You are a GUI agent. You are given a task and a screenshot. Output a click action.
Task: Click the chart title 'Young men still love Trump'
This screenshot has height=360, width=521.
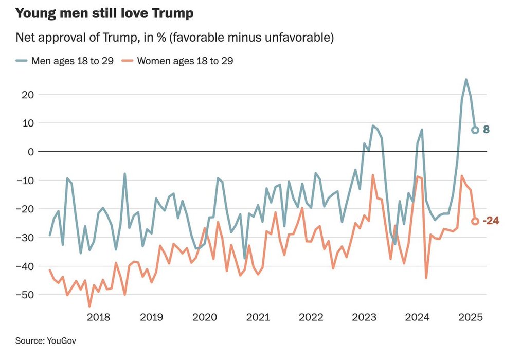pos(104,14)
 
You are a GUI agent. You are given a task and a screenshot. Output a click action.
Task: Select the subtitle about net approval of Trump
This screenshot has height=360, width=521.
pos(175,38)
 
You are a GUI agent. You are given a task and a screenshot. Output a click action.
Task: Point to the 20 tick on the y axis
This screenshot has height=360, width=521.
pos(28,95)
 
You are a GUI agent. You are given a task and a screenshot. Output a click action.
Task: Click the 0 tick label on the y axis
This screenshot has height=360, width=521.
pos(31,152)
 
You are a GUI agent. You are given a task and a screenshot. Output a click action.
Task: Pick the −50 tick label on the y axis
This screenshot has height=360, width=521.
pos(26,295)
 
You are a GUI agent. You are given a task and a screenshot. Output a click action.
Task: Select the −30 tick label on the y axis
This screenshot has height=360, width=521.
pos(26,238)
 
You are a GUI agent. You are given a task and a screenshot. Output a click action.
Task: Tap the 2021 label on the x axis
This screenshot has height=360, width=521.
pos(258,317)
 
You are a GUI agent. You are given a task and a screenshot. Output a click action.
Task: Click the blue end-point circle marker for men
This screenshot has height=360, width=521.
pos(475,130)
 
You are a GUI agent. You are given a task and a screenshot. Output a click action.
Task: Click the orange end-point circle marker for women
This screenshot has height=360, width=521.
pos(475,221)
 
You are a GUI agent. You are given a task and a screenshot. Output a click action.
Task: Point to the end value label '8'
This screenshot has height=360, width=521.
pos(486,130)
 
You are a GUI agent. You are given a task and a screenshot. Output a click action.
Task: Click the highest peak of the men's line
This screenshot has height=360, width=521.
pos(466,80)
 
